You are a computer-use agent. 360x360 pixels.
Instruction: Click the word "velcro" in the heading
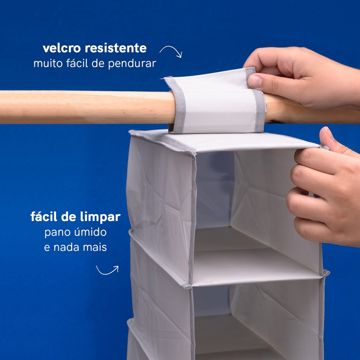[x=62, y=48]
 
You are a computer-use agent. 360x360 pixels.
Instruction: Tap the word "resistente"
[x=116, y=48]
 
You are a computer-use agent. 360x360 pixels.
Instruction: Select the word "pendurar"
[x=132, y=64]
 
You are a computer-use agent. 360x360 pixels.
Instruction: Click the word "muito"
[x=48, y=63]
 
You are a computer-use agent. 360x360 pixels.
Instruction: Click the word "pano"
[x=58, y=232]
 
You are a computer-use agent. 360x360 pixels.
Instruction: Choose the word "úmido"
[x=90, y=232]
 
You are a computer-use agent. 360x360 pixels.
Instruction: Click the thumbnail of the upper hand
[x=255, y=81]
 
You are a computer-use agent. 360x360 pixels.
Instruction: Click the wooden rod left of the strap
[x=87, y=107]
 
